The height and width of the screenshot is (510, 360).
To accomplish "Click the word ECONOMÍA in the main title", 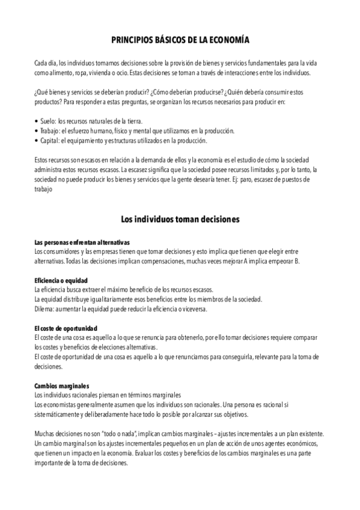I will (x=228, y=40).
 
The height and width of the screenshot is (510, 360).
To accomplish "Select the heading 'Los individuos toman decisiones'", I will (x=180, y=220).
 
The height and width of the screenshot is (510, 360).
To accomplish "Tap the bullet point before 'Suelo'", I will (x=37, y=121).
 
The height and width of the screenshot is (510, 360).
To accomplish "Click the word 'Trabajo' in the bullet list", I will (x=50, y=131).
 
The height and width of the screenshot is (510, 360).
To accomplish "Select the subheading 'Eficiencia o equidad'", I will (x=61, y=280).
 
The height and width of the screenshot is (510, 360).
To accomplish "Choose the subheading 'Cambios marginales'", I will (x=62, y=386).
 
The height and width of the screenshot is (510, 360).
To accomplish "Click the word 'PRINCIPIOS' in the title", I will (x=133, y=40).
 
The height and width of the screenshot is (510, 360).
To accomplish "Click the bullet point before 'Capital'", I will (x=37, y=141).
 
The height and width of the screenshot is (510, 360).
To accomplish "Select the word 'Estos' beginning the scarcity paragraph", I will (x=43, y=159).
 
